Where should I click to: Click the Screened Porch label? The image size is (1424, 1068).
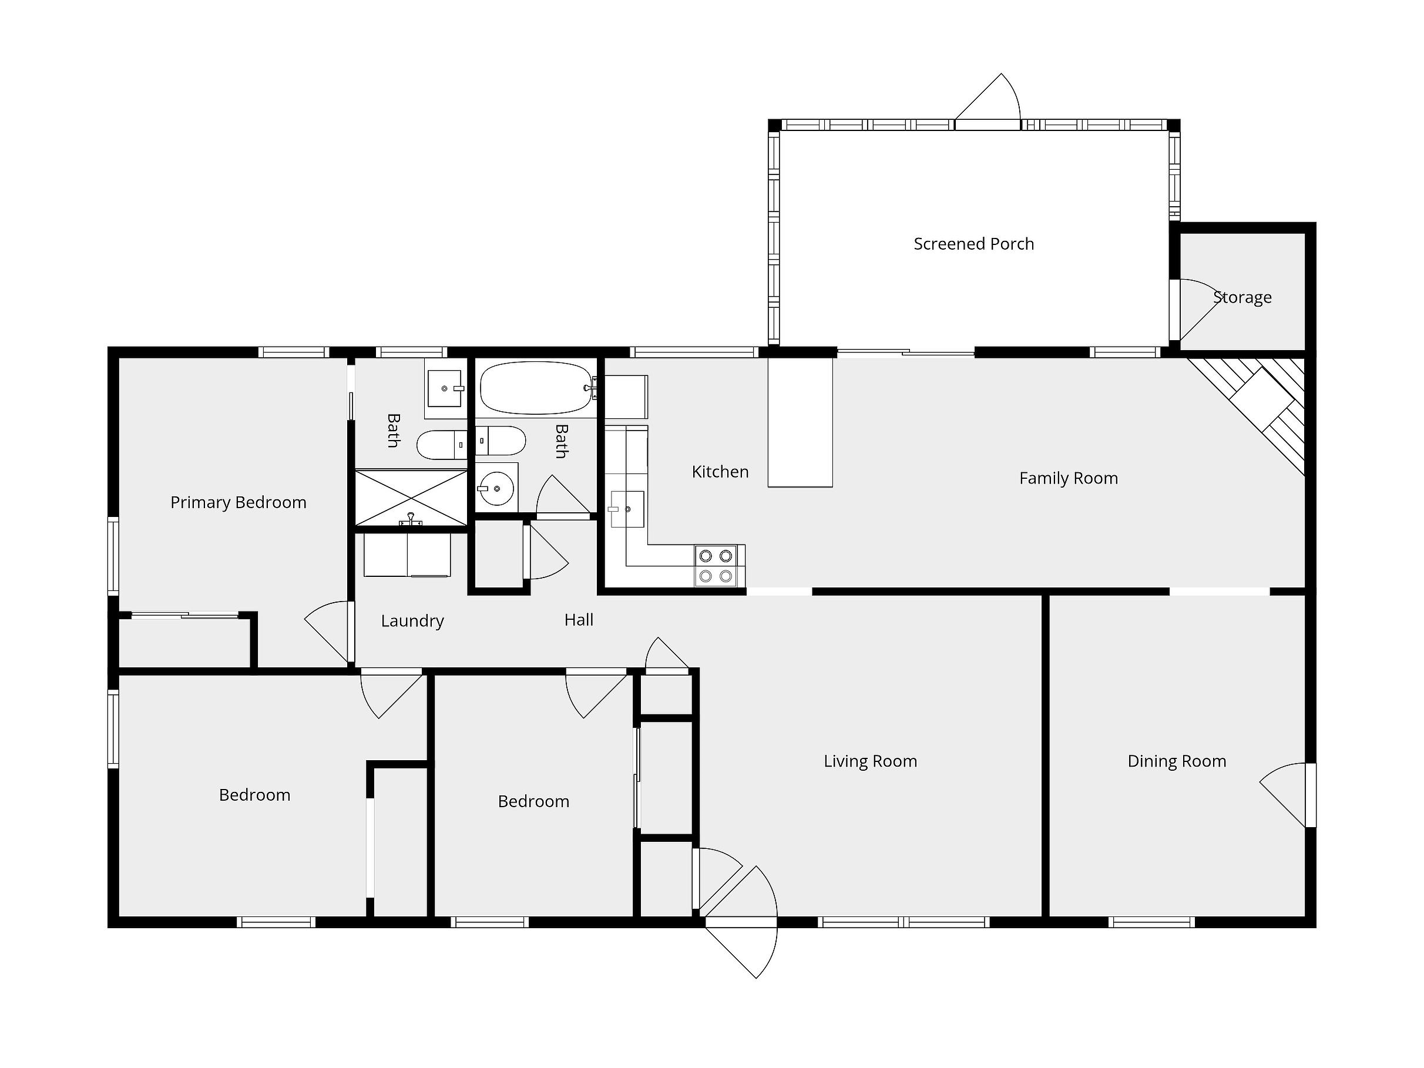[x=973, y=244]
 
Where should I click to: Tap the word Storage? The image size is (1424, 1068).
[x=1242, y=297]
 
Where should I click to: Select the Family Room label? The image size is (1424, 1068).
[x=1069, y=478]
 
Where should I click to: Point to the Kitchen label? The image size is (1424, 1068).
[x=720, y=472]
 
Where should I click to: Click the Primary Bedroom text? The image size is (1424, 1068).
[x=238, y=503]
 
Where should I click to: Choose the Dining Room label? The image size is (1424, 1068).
[x=1177, y=761]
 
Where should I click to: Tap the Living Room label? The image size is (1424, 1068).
[x=871, y=761]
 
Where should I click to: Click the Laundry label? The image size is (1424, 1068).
[x=412, y=621]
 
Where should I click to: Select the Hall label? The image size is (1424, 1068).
[x=579, y=620]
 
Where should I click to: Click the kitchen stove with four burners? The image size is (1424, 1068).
[x=715, y=566]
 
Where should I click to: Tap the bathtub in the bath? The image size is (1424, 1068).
[x=536, y=388]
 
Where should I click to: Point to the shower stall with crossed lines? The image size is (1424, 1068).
[x=411, y=498]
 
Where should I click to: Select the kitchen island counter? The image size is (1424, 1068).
[x=800, y=422]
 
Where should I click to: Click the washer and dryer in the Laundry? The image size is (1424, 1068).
[x=407, y=555]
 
